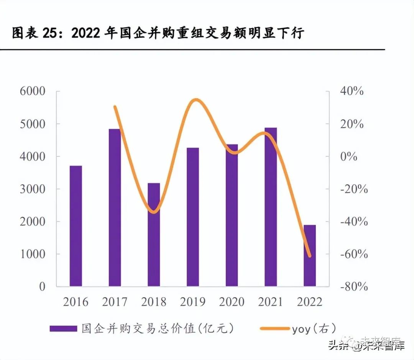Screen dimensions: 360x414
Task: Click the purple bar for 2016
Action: click(76, 226)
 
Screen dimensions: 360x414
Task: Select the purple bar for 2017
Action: click(115, 207)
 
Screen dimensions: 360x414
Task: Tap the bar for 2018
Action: click(154, 235)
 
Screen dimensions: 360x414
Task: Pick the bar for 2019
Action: click(193, 217)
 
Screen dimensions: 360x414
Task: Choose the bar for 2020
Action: click(232, 215)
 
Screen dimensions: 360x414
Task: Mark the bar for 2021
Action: click(271, 207)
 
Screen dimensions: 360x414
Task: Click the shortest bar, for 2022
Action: click(310, 255)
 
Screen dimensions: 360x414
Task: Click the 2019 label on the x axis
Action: click(192, 302)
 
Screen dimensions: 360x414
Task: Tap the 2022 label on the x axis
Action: click(309, 302)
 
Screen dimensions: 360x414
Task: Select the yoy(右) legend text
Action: click(314, 329)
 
